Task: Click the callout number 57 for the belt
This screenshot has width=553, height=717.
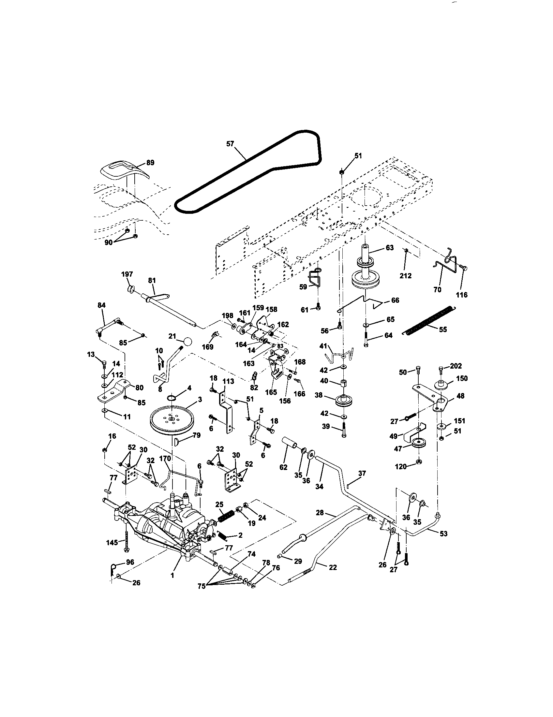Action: click(x=231, y=143)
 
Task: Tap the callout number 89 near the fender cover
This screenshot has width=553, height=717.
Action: click(x=150, y=163)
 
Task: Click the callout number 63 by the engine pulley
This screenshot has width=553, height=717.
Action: click(x=389, y=248)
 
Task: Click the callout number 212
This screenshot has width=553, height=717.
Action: click(x=405, y=276)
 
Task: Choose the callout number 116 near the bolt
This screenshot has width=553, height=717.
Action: click(x=462, y=295)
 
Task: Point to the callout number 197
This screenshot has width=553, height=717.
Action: click(x=127, y=274)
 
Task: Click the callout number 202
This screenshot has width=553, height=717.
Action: click(x=456, y=366)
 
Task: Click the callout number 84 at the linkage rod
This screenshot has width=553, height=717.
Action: click(x=102, y=305)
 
